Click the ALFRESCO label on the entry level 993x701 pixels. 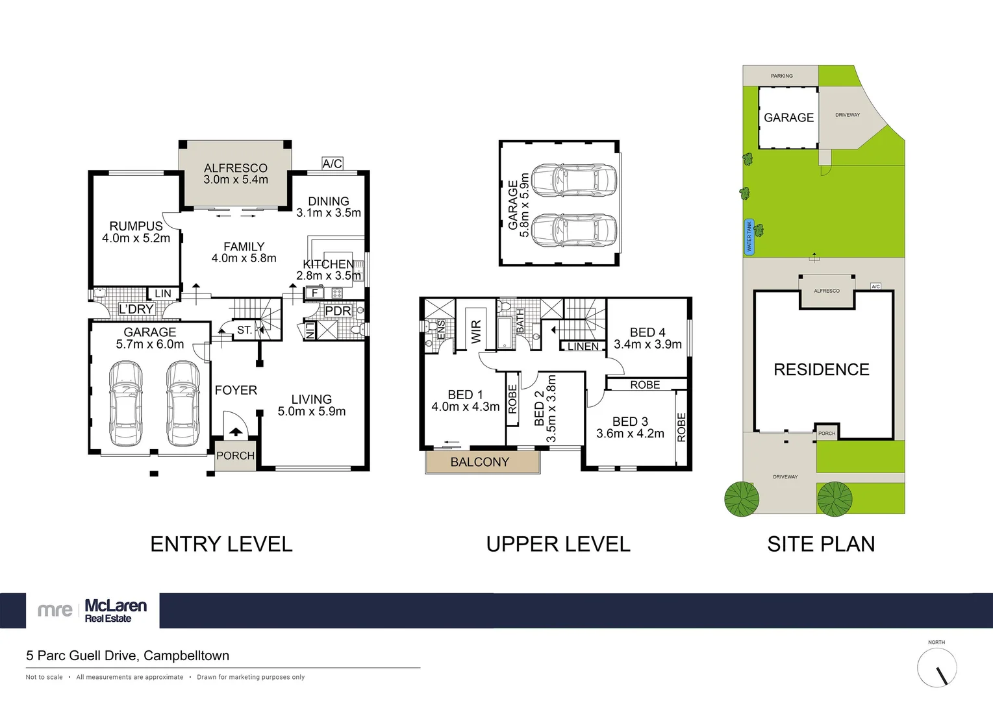[235, 168]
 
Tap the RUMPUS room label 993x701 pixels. [136, 226]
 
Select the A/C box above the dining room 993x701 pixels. [332, 164]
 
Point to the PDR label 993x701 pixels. [338, 311]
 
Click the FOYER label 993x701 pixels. [236, 390]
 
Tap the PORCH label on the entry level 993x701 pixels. [235, 456]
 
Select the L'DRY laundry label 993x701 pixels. [136, 309]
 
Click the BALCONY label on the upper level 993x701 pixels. [480, 462]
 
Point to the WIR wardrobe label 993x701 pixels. [476, 332]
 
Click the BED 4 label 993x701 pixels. [647, 332]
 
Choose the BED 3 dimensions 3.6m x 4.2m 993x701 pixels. [630, 434]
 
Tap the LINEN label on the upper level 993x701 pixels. [583, 347]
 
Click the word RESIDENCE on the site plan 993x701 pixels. [821, 369]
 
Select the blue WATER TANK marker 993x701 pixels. [749, 237]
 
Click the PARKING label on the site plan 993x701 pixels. [781, 76]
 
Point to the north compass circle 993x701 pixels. [936, 667]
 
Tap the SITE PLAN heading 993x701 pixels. [821, 544]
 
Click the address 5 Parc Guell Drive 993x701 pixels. [127, 656]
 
